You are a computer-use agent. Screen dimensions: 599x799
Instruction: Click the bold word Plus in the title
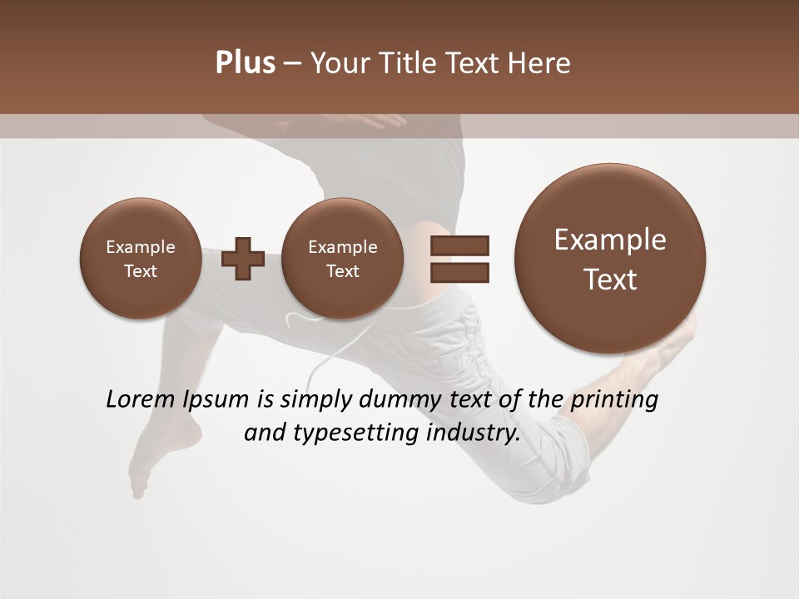coord(245,63)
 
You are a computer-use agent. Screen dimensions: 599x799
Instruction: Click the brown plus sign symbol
coord(243,258)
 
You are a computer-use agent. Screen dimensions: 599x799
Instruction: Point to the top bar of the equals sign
coord(459,245)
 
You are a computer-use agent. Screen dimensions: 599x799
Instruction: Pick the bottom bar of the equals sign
coord(459,272)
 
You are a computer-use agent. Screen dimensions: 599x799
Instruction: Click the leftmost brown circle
coord(140,258)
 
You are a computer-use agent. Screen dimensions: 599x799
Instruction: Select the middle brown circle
coord(342,258)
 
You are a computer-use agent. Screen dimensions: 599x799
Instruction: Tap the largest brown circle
coord(610,258)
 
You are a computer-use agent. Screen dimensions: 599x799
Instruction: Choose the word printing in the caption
coord(613,400)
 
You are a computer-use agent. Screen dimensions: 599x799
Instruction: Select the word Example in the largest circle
coord(610,240)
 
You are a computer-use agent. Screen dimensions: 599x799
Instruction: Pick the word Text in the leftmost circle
coord(140,271)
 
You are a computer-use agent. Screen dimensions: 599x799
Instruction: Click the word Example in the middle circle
coord(342,247)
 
